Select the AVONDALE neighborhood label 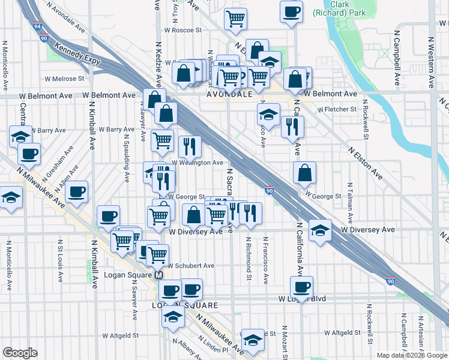(229, 95)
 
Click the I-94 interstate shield (38, 26)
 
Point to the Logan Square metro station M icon (159, 275)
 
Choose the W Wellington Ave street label (197, 162)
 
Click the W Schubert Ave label (190, 265)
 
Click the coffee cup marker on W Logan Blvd (301, 286)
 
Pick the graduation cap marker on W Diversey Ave (320, 230)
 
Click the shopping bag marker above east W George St (305, 172)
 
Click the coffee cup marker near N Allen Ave (76, 192)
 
